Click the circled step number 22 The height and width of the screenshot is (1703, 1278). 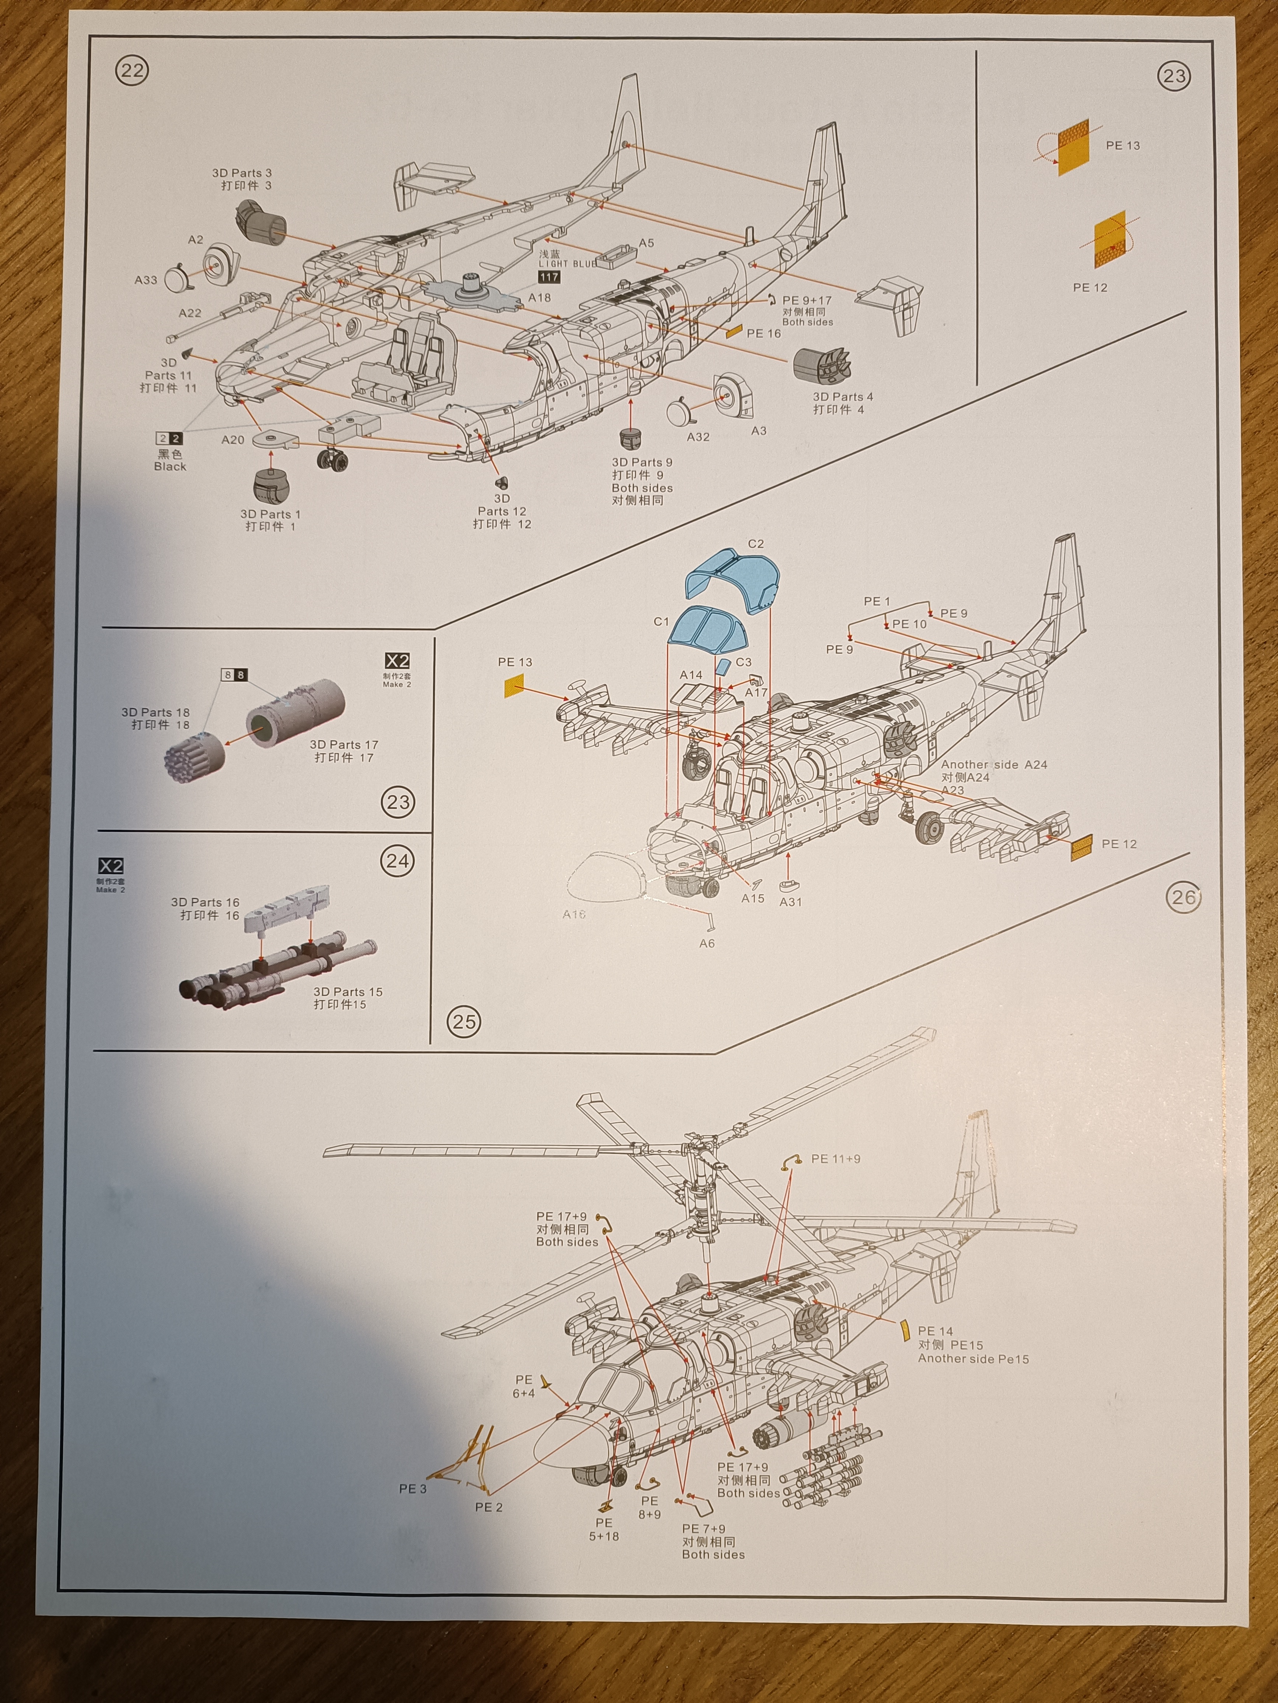132,71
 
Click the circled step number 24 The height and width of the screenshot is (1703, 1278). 398,861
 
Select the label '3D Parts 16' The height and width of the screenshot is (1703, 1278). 205,902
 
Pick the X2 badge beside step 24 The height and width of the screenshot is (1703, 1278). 111,866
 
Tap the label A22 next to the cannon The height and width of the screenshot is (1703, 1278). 189,313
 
